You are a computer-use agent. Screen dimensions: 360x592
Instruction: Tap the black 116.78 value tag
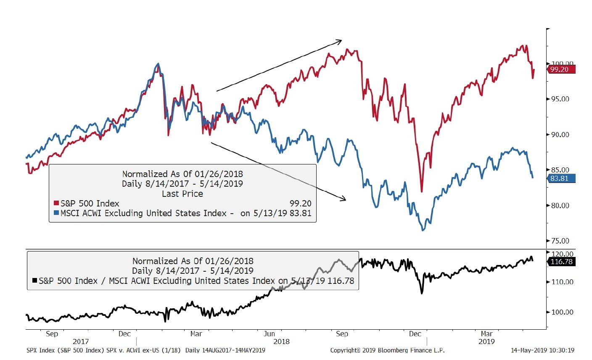pyautogui.click(x=562, y=262)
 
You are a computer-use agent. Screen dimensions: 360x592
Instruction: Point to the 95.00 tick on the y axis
pyautogui.click(x=560, y=99)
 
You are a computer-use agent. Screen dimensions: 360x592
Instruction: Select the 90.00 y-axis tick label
pyautogui.click(x=560, y=135)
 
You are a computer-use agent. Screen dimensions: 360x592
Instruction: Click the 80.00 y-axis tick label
pyautogui.click(x=560, y=206)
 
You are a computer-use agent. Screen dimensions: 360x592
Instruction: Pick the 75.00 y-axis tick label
pyautogui.click(x=560, y=241)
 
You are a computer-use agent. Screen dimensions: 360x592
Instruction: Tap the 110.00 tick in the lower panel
pyautogui.click(x=562, y=282)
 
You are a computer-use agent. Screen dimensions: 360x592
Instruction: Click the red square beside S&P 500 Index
pyautogui.click(x=56, y=204)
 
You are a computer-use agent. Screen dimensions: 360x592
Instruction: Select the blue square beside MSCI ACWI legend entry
pyautogui.click(x=56, y=213)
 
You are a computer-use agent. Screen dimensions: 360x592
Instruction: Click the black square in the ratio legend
pyautogui.click(x=34, y=281)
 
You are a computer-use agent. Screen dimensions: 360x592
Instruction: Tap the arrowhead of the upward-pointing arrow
pyautogui.click(x=340, y=41)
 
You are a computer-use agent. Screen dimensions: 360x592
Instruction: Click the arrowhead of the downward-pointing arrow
pyautogui.click(x=344, y=199)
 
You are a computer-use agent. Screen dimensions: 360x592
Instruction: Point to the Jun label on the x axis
pyautogui.click(x=269, y=334)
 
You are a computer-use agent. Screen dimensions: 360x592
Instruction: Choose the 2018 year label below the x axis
pyautogui.click(x=281, y=341)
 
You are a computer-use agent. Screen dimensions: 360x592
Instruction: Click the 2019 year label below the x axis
pyautogui.click(x=486, y=341)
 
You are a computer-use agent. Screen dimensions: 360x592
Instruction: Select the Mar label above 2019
pyautogui.click(x=486, y=334)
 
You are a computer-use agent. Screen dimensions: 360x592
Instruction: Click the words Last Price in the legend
pyautogui.click(x=182, y=194)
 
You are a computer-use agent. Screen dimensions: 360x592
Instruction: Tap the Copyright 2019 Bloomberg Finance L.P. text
pyautogui.click(x=387, y=350)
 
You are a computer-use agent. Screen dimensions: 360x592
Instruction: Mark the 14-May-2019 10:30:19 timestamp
pyautogui.click(x=542, y=350)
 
